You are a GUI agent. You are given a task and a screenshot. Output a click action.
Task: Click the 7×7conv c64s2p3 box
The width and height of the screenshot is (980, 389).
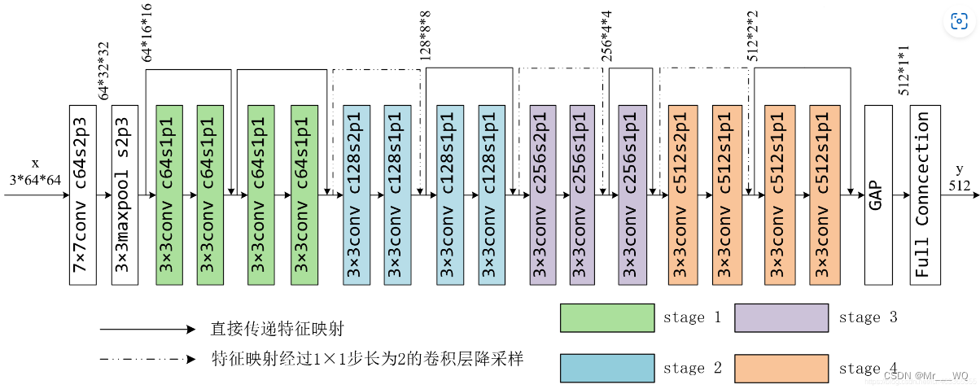click(x=83, y=194)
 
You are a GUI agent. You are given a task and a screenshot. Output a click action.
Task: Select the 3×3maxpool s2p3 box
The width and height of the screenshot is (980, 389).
click(x=125, y=194)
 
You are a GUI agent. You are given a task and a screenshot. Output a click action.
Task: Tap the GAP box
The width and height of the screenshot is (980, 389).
click(x=877, y=194)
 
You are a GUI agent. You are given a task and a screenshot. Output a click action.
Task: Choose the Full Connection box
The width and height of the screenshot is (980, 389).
click(x=925, y=194)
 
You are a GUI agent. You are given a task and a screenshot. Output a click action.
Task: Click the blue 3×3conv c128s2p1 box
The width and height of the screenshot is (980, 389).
click(x=357, y=194)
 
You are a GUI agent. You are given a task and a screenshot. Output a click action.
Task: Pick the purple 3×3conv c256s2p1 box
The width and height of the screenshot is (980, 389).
click(x=542, y=194)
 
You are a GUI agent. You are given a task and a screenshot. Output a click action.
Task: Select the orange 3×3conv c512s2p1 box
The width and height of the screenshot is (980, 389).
click(x=681, y=194)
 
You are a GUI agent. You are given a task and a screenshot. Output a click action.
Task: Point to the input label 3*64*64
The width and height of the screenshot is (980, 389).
click(x=35, y=179)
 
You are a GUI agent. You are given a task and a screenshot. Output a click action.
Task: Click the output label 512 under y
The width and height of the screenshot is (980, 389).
click(x=960, y=185)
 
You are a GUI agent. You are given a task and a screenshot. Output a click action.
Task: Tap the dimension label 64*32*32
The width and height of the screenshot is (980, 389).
click(x=104, y=72)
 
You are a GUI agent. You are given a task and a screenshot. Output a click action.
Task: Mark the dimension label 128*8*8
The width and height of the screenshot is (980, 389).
click(x=425, y=35)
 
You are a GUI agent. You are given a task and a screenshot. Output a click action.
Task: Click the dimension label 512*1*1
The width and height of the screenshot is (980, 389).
click(x=903, y=72)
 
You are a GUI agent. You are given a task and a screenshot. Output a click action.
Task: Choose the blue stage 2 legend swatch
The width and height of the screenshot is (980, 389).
click(x=607, y=368)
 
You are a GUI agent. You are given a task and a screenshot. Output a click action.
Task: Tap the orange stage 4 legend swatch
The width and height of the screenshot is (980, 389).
click(x=781, y=368)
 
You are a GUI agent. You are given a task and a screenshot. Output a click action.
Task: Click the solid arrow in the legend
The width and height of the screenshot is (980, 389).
click(x=147, y=330)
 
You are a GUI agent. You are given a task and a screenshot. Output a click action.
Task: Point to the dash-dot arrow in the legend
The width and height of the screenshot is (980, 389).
click(x=147, y=359)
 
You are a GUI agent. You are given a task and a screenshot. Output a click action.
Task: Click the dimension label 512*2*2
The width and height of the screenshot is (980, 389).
click(x=753, y=35)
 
